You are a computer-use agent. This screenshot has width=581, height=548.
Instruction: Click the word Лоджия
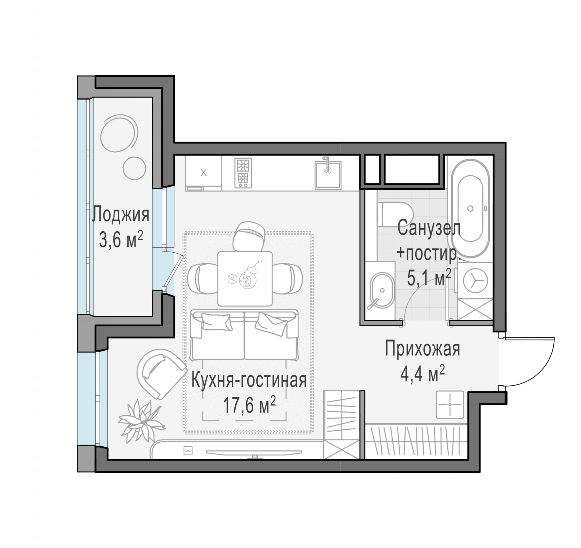(x=120, y=214)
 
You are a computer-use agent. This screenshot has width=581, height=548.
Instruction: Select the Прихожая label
(x=422, y=349)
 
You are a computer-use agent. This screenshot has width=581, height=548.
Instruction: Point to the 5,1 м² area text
(x=429, y=278)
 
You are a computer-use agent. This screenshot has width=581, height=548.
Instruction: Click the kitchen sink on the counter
(x=328, y=175)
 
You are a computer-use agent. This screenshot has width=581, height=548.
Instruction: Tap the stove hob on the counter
(x=243, y=173)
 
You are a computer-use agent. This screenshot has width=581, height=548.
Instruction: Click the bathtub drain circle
(x=470, y=209)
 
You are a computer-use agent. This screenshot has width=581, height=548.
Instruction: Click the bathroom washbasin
(x=382, y=290)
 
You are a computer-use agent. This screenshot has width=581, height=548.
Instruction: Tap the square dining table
(x=245, y=278)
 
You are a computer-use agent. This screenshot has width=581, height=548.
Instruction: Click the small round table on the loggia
(x=134, y=168)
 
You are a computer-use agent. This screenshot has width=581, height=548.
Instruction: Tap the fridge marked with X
(x=203, y=173)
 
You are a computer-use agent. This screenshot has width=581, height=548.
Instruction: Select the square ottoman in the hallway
(x=450, y=404)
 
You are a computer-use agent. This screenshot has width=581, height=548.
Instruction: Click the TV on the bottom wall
(x=254, y=452)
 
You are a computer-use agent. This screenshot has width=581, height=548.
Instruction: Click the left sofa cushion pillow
(x=216, y=322)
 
